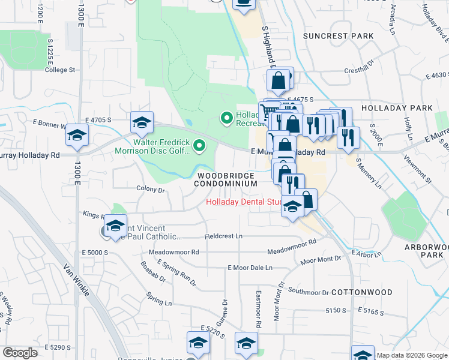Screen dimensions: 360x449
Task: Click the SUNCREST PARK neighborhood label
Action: [x=338, y=36]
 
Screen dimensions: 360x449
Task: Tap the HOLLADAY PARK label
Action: [x=397, y=108]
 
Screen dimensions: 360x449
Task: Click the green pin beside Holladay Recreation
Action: [x=226, y=118]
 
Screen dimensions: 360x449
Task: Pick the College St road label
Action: [x=60, y=70]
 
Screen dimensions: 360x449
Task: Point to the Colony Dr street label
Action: [x=150, y=189]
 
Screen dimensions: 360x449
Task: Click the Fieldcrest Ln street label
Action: [x=223, y=237]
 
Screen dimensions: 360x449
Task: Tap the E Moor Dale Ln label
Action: [x=250, y=268]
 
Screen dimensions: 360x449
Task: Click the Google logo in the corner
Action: [x=20, y=353]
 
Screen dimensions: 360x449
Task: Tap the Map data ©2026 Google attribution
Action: [x=411, y=355]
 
